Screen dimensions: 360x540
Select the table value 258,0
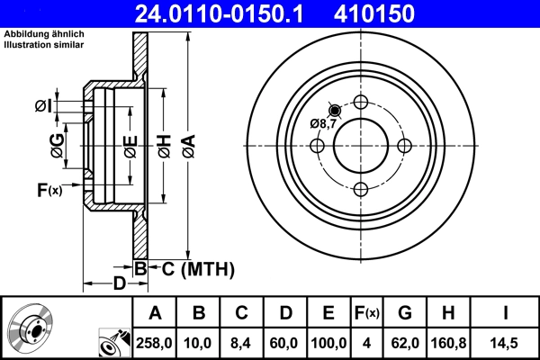[155, 343]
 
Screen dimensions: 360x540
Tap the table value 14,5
[505, 343]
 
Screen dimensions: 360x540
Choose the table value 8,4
[241, 343]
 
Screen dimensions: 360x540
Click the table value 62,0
[405, 343]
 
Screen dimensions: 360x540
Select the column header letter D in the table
[284, 313]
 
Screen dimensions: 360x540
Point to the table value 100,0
[328, 343]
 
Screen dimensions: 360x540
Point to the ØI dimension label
[44, 107]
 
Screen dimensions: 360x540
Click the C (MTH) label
[191, 268]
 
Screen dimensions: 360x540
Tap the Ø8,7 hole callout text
[322, 123]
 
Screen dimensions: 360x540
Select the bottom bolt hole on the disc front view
[361, 188]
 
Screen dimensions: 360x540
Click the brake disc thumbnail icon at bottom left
[30, 329]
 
